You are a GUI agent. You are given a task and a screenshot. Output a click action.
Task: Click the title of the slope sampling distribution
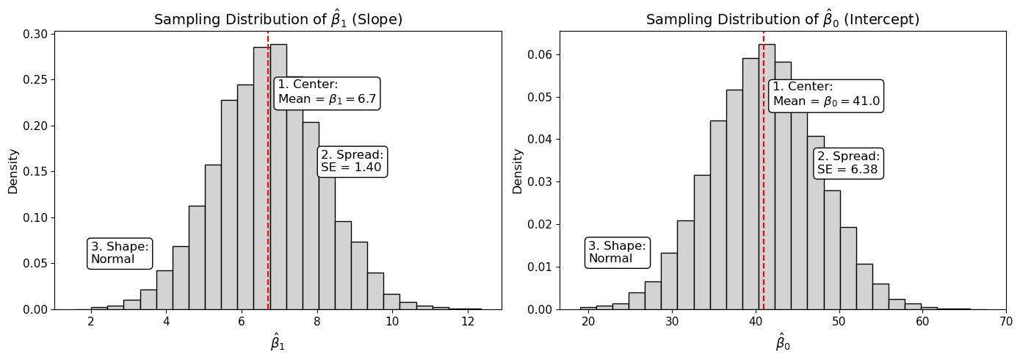tap(278, 20)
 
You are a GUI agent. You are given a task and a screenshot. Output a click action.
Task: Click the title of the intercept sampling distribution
tap(782, 20)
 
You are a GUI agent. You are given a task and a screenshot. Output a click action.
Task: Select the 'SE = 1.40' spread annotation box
tap(352, 161)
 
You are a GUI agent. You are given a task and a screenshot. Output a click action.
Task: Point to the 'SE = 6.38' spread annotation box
tap(848, 163)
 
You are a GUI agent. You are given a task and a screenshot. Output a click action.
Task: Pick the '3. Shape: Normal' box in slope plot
tap(120, 253)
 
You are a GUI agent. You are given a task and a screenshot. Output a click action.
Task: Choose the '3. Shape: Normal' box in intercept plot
tap(618, 252)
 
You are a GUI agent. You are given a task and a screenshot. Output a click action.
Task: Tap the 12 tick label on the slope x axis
tap(468, 321)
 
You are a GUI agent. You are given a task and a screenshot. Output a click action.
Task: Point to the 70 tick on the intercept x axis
tap(1005, 321)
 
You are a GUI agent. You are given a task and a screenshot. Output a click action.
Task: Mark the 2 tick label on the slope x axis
tap(91, 321)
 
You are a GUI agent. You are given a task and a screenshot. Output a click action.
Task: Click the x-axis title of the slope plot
tap(278, 342)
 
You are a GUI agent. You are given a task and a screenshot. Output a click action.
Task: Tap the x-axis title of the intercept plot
tap(783, 342)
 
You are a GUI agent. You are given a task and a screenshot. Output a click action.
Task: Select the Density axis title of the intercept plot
tap(518, 170)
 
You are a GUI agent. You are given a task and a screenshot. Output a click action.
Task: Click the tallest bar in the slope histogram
tap(278, 176)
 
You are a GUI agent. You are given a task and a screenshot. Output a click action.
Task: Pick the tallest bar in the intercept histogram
tap(767, 176)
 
